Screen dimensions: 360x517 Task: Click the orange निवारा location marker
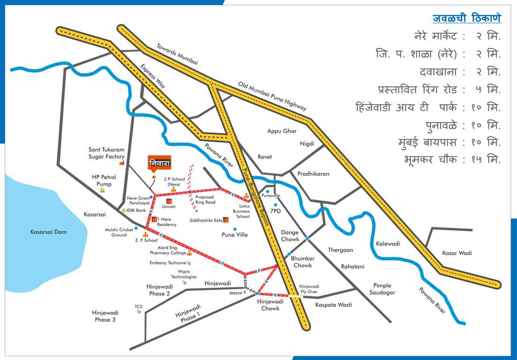click(x=159, y=163)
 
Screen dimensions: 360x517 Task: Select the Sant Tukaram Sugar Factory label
click(x=106, y=153)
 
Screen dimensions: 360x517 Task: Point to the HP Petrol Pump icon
click(x=102, y=190)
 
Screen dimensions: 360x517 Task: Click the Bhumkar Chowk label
click(x=302, y=262)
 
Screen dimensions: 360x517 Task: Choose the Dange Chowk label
click(x=290, y=236)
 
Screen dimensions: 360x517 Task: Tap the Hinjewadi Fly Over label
click(x=309, y=289)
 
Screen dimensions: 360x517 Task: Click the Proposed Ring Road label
click(x=205, y=200)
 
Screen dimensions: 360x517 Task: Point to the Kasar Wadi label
click(x=457, y=253)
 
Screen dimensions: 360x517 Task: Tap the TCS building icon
click(x=138, y=311)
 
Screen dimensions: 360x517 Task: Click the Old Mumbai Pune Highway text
click(x=272, y=96)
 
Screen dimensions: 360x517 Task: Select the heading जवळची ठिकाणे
click(x=466, y=18)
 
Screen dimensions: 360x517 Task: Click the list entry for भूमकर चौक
click(x=452, y=159)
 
